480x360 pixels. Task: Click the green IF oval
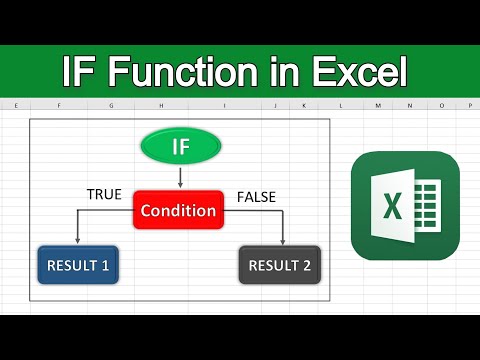click(179, 149)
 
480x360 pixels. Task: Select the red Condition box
click(177, 211)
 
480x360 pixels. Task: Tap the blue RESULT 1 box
click(77, 266)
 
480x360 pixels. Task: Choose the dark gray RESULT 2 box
click(280, 266)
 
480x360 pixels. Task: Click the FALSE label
click(256, 197)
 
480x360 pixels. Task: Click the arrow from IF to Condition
click(179, 178)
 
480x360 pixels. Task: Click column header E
click(17, 105)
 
